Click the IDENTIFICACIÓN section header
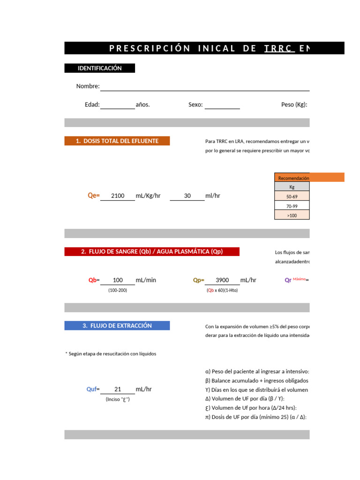click(99, 68)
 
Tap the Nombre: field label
click(88, 86)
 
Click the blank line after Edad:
click(117, 105)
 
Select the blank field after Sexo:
click(222, 105)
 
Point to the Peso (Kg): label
click(294, 105)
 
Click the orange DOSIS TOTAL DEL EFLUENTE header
click(117, 141)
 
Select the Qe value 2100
click(118, 196)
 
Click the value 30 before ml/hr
click(187, 196)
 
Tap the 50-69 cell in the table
click(292, 197)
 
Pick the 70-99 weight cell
click(292, 206)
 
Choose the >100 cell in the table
click(292, 215)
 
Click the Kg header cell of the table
click(292, 187)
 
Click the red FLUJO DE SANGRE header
click(152, 252)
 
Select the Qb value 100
click(118, 280)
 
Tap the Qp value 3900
click(222, 280)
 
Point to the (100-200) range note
click(118, 290)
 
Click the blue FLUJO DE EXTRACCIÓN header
click(117, 326)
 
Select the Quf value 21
click(118, 390)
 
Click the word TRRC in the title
click(278, 48)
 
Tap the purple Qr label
click(288, 280)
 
